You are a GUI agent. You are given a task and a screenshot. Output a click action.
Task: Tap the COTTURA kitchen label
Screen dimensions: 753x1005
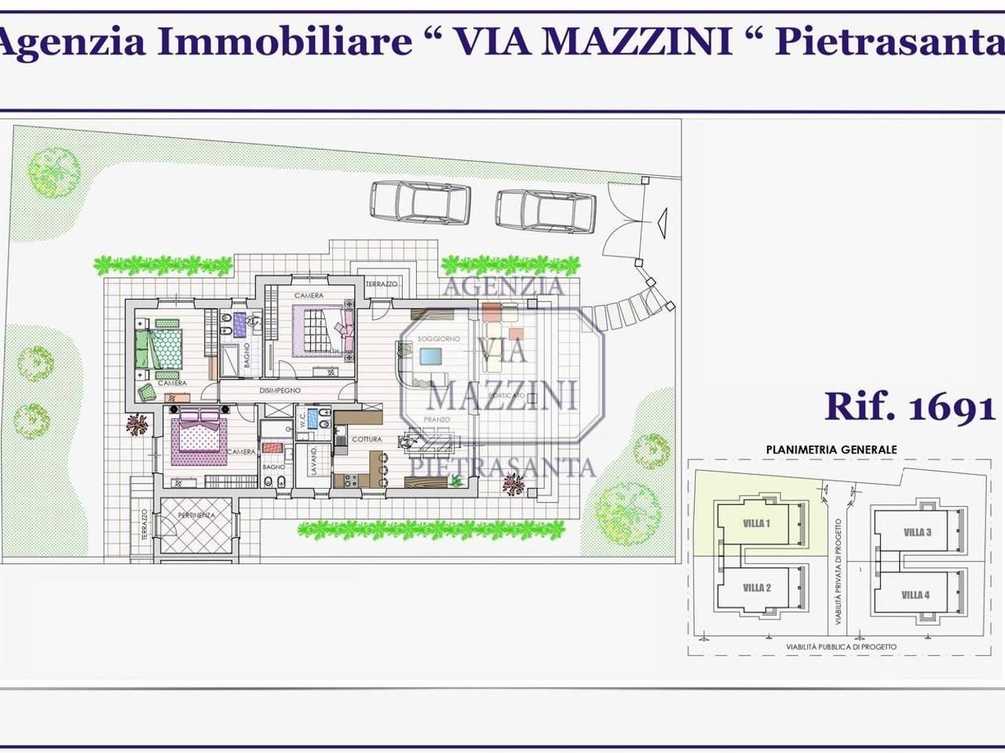(x=367, y=439)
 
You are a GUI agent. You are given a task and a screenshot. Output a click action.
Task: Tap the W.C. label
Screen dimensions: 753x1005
(x=302, y=421)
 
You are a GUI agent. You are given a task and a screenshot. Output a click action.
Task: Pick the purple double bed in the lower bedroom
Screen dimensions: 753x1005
(x=198, y=435)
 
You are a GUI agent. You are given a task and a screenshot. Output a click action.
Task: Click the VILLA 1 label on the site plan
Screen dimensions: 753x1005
(x=757, y=523)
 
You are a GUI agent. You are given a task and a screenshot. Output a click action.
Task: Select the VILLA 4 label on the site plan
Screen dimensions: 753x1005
(x=915, y=595)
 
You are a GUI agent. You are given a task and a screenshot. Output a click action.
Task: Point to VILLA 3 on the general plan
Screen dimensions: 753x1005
(x=917, y=533)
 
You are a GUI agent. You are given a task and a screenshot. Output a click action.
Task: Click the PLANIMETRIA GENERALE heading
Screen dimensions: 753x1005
(x=831, y=449)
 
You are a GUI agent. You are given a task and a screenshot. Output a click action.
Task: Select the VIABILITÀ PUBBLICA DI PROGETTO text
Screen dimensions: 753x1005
(x=841, y=647)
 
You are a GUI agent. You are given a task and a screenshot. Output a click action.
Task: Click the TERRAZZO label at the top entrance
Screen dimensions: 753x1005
(x=381, y=283)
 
